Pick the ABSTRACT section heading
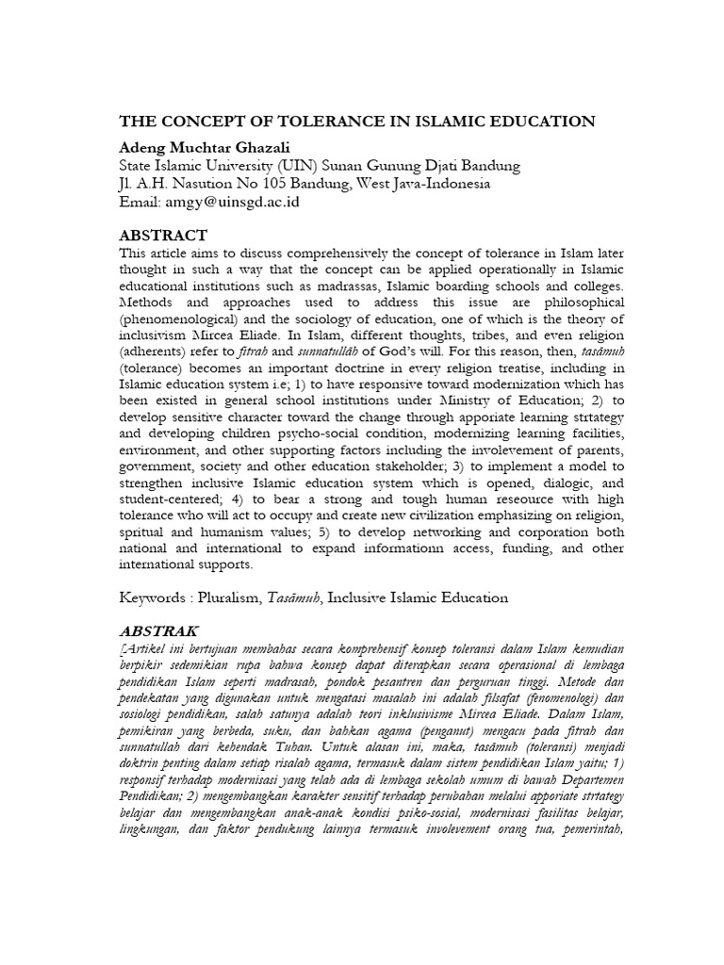(x=163, y=235)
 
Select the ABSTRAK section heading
(x=158, y=629)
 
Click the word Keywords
(x=155, y=597)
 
